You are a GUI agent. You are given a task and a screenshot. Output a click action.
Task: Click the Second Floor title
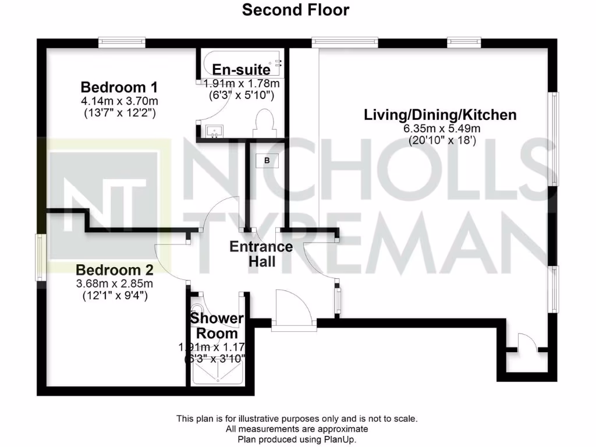coord(296,10)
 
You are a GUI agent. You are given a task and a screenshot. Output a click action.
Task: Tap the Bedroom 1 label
coord(119,87)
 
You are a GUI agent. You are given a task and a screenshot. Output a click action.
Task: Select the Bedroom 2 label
coord(114,270)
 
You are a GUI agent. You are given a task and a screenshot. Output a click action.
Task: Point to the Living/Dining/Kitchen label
coord(440,115)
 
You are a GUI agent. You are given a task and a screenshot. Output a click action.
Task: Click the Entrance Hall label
coord(261,254)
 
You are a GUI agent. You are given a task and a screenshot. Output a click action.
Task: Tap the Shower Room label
coord(217,326)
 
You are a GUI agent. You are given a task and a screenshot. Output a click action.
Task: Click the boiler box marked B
coord(267,160)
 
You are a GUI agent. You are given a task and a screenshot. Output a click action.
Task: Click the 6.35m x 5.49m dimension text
coord(440,129)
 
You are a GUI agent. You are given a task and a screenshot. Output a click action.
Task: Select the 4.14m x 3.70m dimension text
coord(119,101)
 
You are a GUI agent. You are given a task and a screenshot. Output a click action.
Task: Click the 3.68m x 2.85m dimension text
coord(114,283)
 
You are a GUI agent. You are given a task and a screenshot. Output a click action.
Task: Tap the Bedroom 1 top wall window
coord(122,42)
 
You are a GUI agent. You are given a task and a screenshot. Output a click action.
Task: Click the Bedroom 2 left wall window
coord(40,257)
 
